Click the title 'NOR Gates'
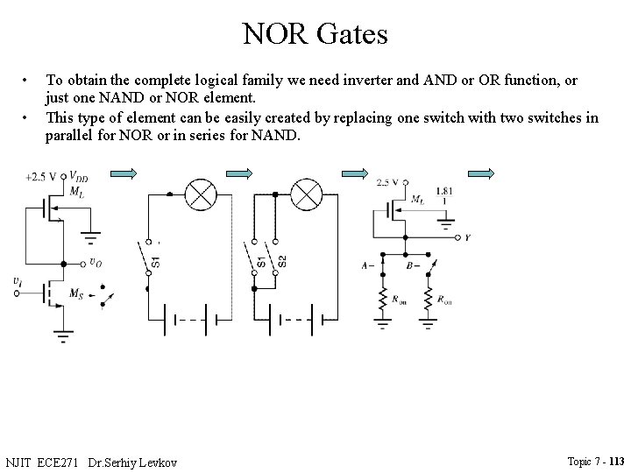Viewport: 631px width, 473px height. point(315,34)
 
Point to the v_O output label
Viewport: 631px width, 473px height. point(97,260)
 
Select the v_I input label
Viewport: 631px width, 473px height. point(18,280)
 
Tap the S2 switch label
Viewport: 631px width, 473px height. point(281,260)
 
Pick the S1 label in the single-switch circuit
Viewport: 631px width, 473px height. point(155,260)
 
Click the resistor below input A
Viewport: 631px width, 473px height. point(382,299)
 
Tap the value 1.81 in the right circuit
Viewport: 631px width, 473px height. point(443,190)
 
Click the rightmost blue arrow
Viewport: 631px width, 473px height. point(481,173)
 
